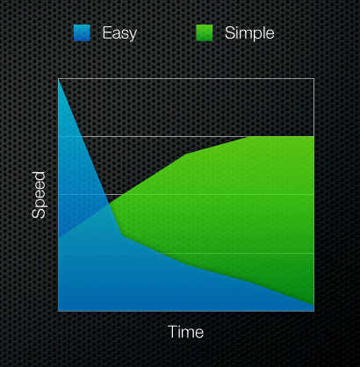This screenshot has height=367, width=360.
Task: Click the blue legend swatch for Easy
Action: coord(82,32)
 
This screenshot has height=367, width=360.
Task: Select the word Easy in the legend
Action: coord(119,33)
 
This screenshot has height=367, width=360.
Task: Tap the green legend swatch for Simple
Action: coord(205,32)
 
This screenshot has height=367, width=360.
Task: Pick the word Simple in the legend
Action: coord(249,32)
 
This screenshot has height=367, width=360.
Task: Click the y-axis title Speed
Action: coord(39,195)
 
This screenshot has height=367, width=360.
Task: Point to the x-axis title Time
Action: coord(186,332)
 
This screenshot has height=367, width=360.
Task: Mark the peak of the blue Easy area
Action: coord(59,79)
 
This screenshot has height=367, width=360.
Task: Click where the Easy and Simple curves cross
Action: coord(110,204)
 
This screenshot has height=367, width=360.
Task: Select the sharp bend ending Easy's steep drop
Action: coord(122,235)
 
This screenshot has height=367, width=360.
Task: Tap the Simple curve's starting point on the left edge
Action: coord(59,237)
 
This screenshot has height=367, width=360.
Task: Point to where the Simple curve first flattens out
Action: coord(249,137)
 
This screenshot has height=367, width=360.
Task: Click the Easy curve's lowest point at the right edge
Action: coord(313,306)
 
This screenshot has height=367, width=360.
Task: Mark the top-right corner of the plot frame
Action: coord(314,78)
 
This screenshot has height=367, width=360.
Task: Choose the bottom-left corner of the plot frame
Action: coord(59,311)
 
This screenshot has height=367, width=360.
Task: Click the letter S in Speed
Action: coord(39,214)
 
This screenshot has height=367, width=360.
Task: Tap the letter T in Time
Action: coord(173,332)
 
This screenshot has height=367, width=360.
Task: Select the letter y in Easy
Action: coord(133,35)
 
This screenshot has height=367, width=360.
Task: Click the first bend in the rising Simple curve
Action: coord(186,154)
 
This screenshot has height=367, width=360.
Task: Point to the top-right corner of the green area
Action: coord(313,137)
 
